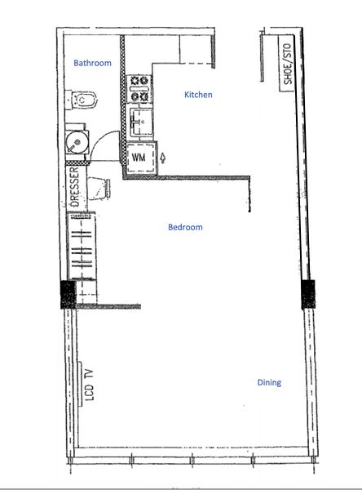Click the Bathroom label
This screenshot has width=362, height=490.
(92, 63)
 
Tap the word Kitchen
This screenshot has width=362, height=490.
(198, 96)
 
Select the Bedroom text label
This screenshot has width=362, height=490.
(185, 228)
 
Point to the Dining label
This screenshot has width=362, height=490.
(269, 382)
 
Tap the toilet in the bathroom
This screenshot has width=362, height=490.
(84, 101)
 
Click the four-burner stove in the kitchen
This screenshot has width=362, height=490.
(140, 89)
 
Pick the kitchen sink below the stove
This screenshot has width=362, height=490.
(141, 124)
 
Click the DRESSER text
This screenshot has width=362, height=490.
(74, 188)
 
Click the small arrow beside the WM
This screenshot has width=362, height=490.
(163, 157)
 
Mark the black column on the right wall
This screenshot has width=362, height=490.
(309, 293)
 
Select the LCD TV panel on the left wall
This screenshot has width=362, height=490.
(81, 384)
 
